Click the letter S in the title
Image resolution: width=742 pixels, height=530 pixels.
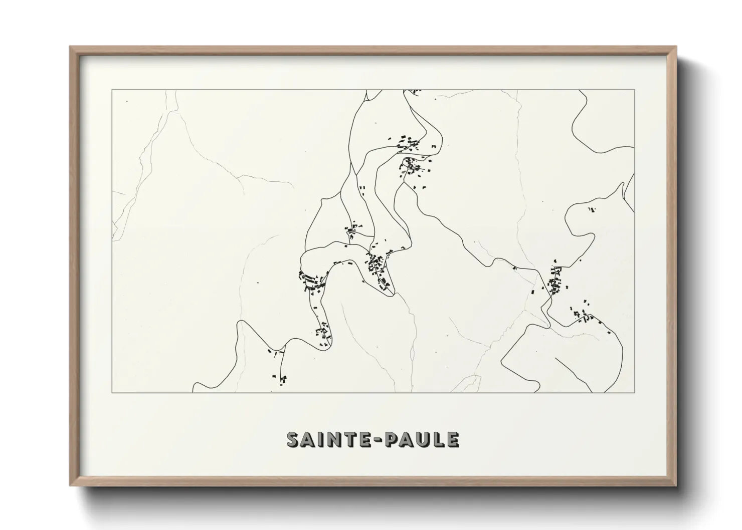[x=293, y=439]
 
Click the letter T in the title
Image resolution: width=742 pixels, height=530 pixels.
[x=342, y=439]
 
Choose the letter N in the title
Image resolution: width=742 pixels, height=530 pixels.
[x=327, y=439]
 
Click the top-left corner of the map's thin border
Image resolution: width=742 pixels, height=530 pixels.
[x=112, y=90]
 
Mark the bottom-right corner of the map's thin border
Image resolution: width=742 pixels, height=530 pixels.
[x=635, y=392]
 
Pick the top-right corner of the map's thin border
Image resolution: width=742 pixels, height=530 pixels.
[x=635, y=90]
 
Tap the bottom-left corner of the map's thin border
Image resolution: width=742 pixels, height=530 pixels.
[x=112, y=392]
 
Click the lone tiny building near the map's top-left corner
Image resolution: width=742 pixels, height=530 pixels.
[x=127, y=102]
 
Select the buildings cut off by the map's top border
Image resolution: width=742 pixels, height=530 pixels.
[x=414, y=92]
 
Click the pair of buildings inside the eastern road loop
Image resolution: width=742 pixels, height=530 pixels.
[x=592, y=209]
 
